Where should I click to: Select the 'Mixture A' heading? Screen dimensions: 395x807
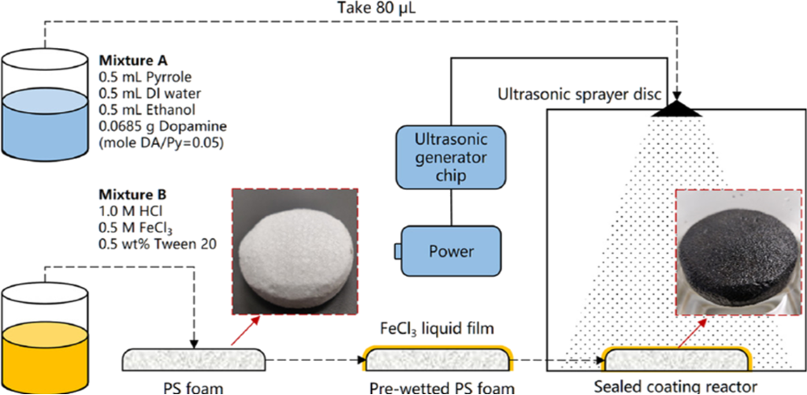[x=128, y=60]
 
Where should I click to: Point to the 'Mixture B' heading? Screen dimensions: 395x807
[x=128, y=193]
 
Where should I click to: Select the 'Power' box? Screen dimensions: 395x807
[x=451, y=252]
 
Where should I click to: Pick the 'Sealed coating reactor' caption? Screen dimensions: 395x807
[x=675, y=386]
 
